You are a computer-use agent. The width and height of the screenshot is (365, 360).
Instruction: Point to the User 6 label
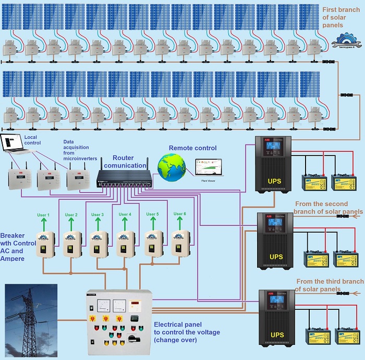click(x=179, y=214)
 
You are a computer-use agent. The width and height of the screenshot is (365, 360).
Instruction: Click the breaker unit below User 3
click(x=98, y=243)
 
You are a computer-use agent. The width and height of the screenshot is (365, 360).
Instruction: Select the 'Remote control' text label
click(x=192, y=148)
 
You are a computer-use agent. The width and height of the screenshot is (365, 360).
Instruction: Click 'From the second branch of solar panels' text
click(x=328, y=208)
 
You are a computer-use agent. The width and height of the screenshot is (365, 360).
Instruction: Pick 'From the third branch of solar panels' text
click(x=329, y=285)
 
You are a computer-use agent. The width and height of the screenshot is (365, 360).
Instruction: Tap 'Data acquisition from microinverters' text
click(x=78, y=149)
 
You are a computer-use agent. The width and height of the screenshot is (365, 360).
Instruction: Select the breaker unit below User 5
click(x=152, y=243)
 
